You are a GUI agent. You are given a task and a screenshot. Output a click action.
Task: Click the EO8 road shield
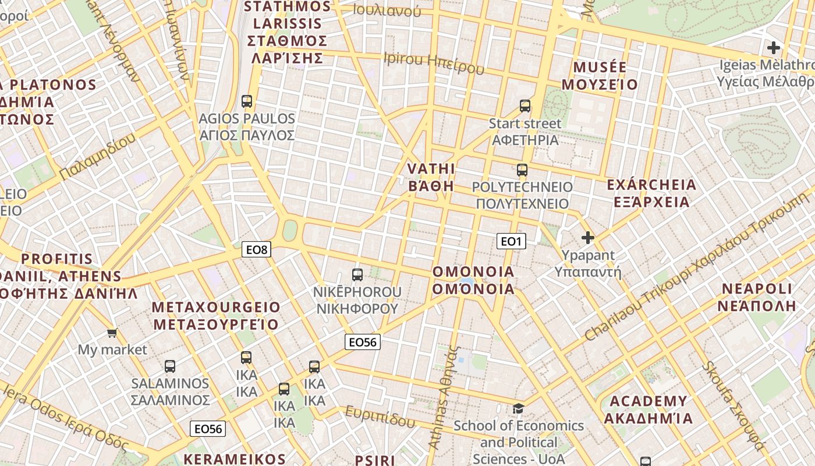[256, 250]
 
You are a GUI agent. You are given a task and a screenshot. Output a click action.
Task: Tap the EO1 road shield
[511, 241]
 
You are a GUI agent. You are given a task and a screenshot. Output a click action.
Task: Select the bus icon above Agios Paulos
[247, 101]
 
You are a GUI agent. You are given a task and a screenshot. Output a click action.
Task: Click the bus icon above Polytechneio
[522, 170]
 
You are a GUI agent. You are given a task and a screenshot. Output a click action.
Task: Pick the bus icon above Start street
[525, 106]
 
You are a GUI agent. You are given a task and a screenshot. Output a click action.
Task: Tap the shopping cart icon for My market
[112, 333]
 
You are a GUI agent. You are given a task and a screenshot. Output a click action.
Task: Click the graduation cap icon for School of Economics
[518, 408]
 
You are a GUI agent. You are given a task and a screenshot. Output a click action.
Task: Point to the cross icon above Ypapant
[588, 238]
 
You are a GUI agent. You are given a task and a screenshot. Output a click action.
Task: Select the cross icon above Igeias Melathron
[774, 48]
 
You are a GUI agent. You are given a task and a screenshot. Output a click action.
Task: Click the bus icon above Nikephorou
[357, 274]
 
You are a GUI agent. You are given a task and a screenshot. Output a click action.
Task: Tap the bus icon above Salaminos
[170, 366]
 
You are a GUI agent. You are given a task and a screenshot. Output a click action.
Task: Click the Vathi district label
[431, 177]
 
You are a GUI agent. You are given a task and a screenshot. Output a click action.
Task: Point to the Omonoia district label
[473, 280]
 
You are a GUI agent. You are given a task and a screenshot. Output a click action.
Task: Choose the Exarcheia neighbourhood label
[651, 193]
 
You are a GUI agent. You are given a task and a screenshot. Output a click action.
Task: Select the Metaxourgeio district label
[216, 315]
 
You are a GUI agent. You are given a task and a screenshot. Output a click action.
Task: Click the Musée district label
[600, 76]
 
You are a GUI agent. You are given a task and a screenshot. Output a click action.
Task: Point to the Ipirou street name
[434, 63]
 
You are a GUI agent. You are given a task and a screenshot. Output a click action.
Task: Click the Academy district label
[648, 409]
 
